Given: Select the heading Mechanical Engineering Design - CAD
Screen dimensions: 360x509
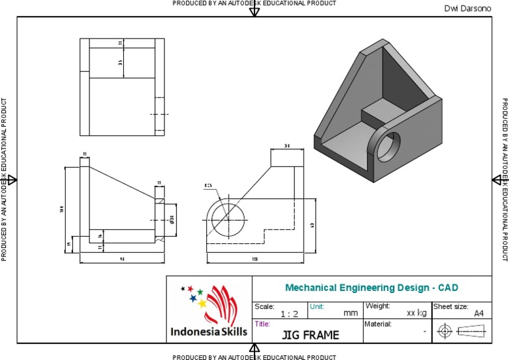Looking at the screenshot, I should click(371, 288).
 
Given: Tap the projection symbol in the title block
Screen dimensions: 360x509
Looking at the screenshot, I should click(462, 330).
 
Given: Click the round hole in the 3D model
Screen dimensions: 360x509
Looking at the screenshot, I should click(388, 146).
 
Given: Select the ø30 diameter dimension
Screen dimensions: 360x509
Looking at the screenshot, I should click(172, 218).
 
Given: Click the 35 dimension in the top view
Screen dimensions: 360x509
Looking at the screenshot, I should click(121, 63).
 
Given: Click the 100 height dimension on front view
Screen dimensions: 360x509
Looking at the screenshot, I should click(62, 210).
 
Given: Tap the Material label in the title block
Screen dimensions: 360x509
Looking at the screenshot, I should click(378, 324).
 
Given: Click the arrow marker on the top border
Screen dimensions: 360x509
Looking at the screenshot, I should click(254, 11).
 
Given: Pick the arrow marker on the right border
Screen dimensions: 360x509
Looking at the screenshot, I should click(497, 180).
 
